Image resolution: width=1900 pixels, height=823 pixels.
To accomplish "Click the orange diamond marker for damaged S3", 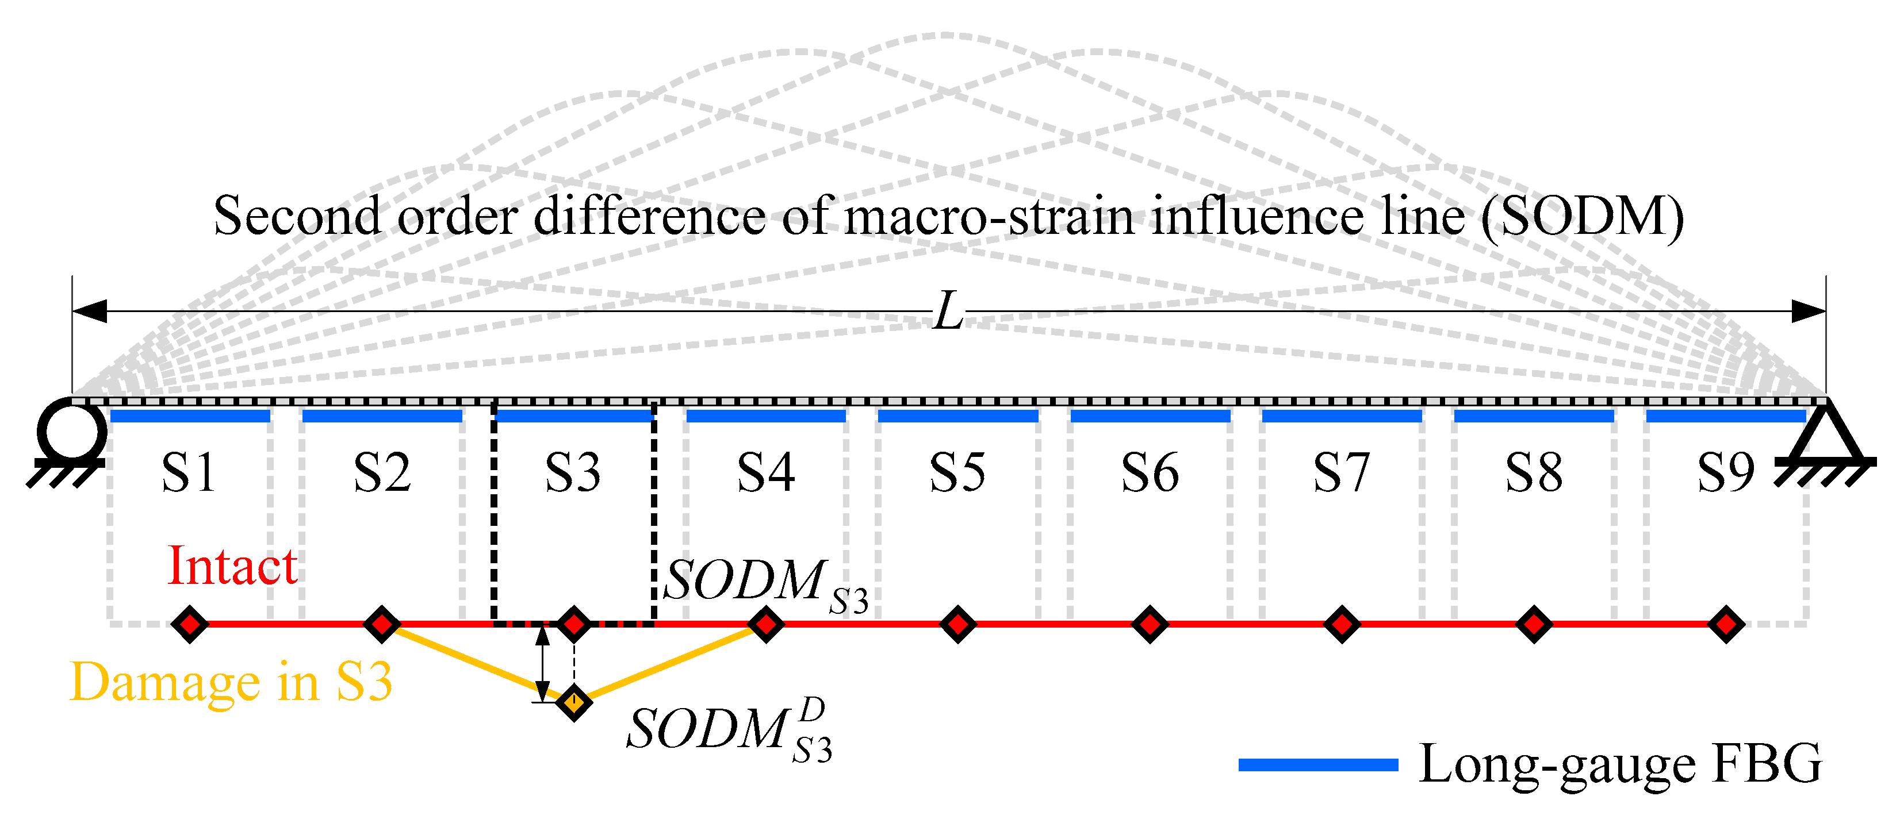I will point(574,701).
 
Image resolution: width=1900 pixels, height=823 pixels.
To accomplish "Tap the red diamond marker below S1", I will point(190,624).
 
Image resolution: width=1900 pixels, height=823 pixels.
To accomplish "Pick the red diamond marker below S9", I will point(1726,624).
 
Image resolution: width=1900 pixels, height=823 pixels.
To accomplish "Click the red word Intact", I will point(232,566).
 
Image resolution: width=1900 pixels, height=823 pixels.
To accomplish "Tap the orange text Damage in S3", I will point(230,682).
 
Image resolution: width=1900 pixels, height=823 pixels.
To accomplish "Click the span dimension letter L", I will point(948,311).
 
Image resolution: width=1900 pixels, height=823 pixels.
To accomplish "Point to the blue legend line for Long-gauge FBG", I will point(1318,765).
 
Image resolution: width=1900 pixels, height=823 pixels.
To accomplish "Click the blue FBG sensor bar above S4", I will point(765,417).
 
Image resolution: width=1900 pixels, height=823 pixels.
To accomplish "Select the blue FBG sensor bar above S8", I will point(1534,417).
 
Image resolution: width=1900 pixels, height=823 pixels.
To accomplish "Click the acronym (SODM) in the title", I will point(1582,216).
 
